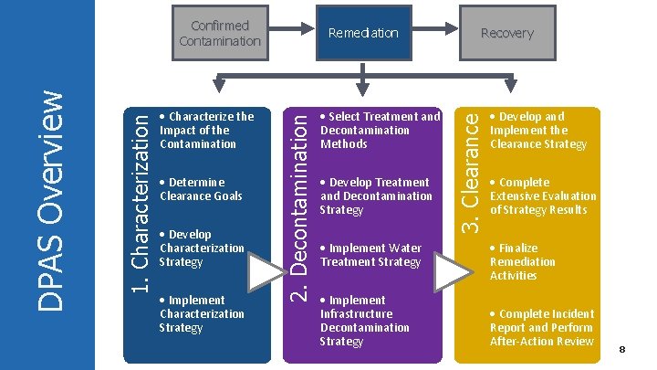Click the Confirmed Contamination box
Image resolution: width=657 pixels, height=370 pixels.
[219, 33]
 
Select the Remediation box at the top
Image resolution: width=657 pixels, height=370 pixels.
[363, 33]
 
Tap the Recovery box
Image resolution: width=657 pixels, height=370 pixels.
[506, 33]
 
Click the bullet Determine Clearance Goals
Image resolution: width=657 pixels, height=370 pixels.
[200, 189]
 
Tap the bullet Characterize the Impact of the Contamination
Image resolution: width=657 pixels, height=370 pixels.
[205, 130]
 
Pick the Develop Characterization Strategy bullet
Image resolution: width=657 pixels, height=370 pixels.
[201, 248]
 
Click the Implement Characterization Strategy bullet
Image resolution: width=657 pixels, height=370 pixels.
[201, 313]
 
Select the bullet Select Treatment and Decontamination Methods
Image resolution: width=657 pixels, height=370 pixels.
[379, 130]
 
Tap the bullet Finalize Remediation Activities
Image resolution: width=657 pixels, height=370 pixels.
[522, 261]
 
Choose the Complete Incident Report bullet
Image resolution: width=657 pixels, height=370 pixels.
[540, 327]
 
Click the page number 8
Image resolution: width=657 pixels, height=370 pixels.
[621, 350]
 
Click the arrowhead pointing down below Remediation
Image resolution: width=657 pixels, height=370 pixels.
[363, 90]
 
